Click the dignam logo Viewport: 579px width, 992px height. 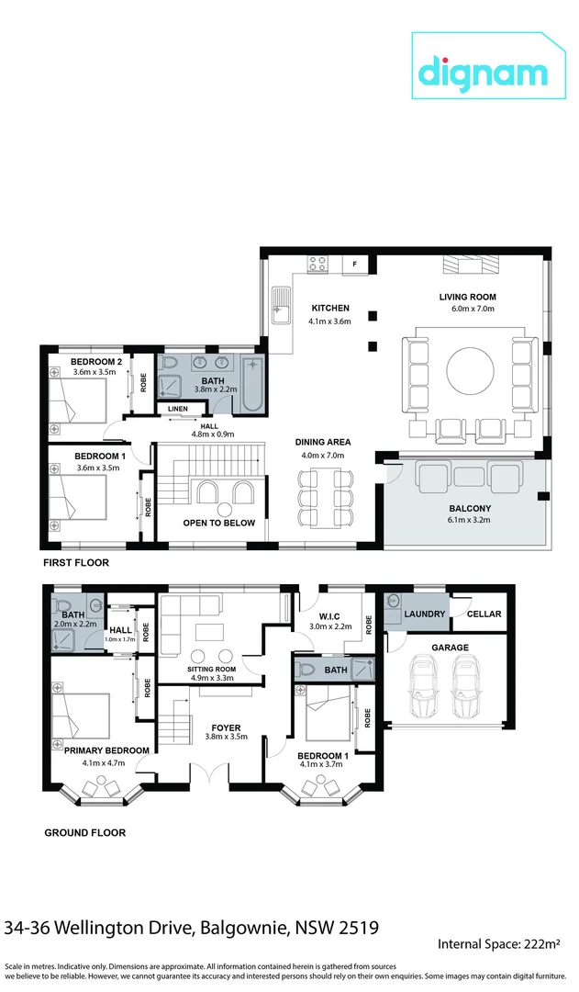[484, 72]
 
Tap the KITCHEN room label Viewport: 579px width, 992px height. [330, 308]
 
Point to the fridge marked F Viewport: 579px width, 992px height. [355, 265]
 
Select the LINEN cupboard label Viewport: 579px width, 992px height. [178, 409]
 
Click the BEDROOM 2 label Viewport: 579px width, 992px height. [96, 361]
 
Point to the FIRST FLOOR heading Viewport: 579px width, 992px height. [75, 561]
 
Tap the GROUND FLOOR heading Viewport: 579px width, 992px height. [85, 833]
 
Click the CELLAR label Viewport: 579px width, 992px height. [484, 614]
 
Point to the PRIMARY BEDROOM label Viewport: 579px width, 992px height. [106, 750]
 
